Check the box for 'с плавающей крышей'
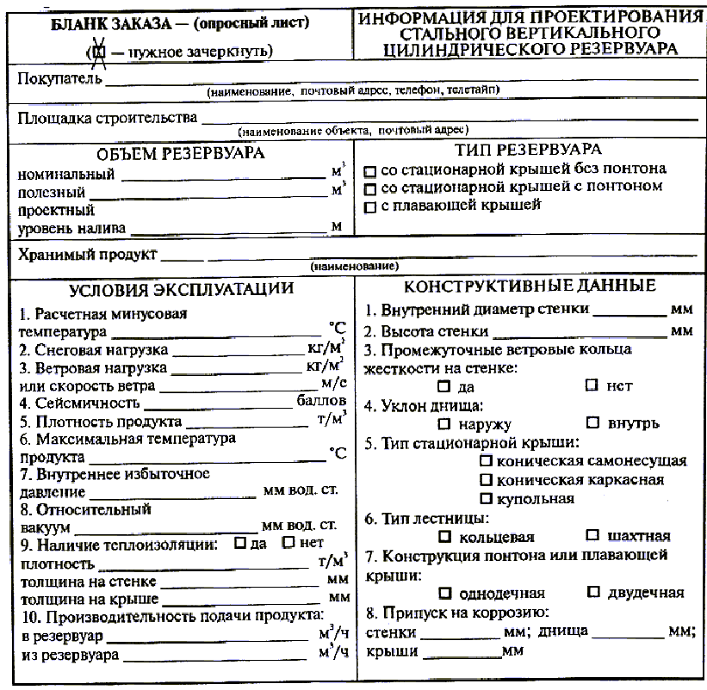click(371, 206)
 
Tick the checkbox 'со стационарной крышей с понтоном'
click(371, 188)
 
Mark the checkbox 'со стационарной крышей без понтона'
click(371, 169)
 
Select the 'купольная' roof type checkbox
click(486, 498)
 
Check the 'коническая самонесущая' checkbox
click(486, 461)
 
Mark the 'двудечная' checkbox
click(592, 592)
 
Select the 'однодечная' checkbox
click(444, 593)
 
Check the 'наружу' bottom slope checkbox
click(444, 423)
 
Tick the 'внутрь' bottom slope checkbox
click(592, 422)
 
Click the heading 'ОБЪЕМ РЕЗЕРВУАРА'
click(180, 154)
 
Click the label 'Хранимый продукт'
click(87, 255)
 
